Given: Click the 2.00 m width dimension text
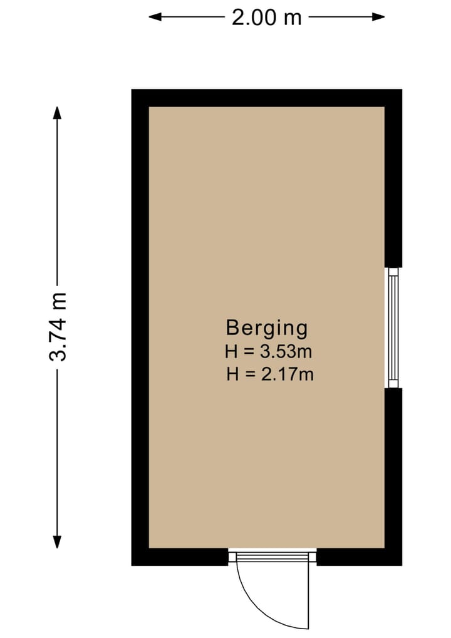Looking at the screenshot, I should pyautogui.click(x=266, y=17).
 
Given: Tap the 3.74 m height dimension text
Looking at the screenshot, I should pyautogui.click(x=58, y=326).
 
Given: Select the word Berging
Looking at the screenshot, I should pyautogui.click(x=267, y=327).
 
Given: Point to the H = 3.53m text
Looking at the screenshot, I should pyautogui.click(x=269, y=351).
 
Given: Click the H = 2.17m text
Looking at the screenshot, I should pyautogui.click(x=270, y=375).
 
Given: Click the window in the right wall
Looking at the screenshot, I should pyautogui.click(x=393, y=327).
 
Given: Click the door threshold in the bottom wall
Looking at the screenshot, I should pyautogui.click(x=272, y=556).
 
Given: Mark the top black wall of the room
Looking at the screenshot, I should pyautogui.click(x=266, y=98).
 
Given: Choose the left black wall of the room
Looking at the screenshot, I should pyautogui.click(x=140, y=326).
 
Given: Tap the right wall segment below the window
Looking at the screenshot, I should pyautogui.click(x=393, y=471).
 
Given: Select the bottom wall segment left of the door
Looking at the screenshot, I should pyautogui.click(x=182, y=556).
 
